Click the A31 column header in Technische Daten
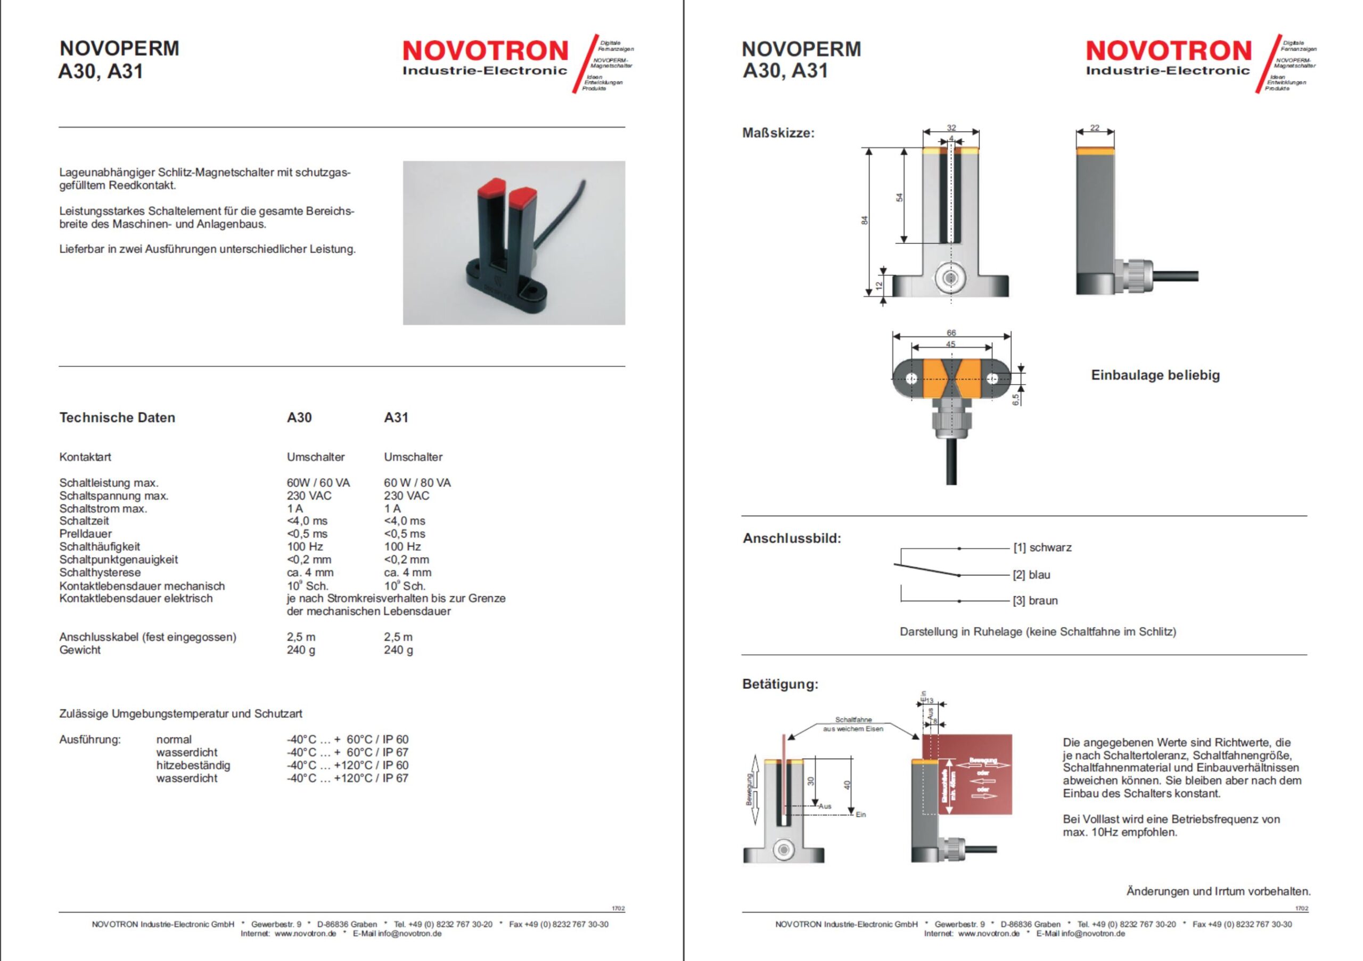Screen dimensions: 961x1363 (396, 418)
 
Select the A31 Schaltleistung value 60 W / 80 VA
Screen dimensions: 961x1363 (417, 483)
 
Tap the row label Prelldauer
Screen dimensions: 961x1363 (86, 534)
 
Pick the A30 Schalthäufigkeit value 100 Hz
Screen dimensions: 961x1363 (305, 547)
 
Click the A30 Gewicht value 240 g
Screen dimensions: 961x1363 (301, 650)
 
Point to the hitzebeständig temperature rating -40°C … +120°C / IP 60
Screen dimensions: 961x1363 (347, 765)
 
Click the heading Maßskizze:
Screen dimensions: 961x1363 (778, 133)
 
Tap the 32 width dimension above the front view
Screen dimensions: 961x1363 (951, 128)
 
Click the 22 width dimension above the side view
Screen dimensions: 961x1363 (1095, 128)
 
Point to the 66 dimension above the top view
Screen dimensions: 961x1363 (951, 333)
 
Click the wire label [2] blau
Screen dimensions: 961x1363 (1032, 575)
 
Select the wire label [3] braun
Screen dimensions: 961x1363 (1036, 601)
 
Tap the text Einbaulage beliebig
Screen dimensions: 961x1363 (1155, 376)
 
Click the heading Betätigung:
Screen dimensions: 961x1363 (780, 684)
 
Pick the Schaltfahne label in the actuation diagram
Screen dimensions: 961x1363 (853, 720)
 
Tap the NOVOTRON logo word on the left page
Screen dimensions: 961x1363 (486, 51)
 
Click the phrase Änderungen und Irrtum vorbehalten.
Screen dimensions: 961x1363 (1218, 892)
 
